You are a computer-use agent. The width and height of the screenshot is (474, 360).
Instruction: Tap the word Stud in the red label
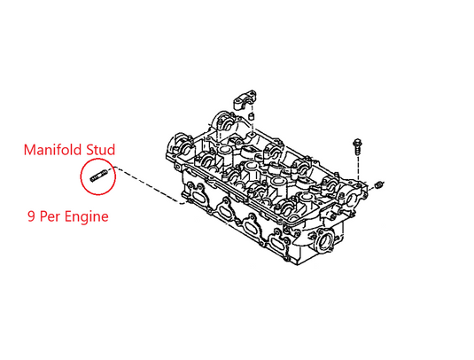click(101, 150)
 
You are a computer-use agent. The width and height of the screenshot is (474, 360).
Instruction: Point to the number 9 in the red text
click(31, 216)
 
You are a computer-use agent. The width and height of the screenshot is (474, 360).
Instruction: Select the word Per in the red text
click(51, 216)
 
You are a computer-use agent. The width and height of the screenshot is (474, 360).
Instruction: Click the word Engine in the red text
click(87, 217)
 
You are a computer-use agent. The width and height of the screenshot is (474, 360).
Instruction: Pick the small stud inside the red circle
click(98, 176)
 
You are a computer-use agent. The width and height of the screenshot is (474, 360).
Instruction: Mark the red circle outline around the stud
click(81, 176)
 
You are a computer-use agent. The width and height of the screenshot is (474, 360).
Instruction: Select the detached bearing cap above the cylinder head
click(245, 100)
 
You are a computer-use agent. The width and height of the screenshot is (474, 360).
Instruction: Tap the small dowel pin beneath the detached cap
click(251, 117)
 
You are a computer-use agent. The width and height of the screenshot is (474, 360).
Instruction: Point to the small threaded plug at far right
click(379, 184)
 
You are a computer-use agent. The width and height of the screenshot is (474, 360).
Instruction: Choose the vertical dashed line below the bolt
click(358, 168)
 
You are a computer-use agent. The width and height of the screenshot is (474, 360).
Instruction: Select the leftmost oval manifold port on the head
click(197, 196)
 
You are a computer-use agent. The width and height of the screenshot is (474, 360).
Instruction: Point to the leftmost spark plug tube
click(224, 149)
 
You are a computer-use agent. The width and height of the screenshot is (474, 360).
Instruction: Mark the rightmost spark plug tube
click(305, 197)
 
